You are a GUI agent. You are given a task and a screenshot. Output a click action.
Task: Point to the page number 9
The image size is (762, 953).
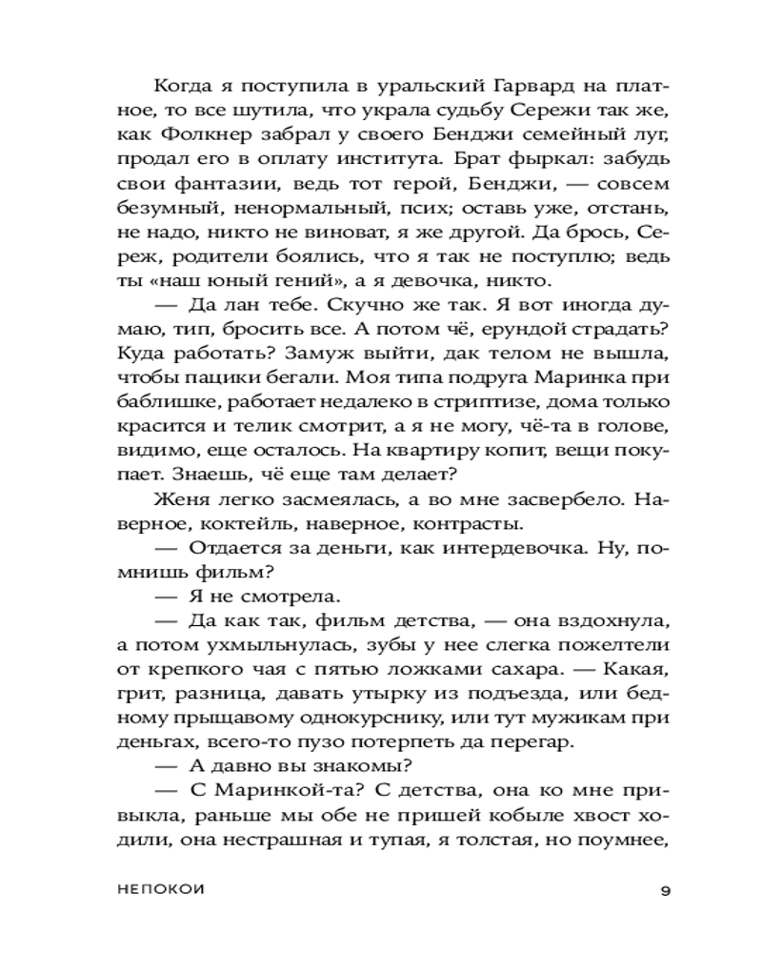(666, 892)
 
